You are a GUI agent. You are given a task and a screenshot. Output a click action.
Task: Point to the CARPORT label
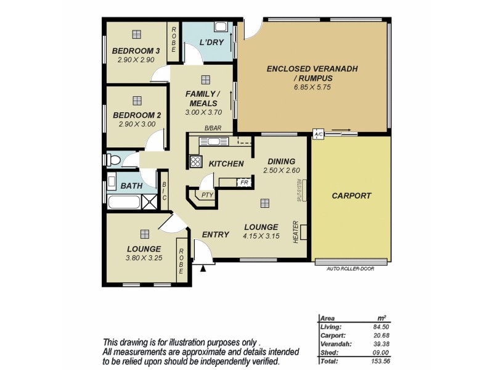351,195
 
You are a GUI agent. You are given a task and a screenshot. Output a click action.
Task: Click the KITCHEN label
226,163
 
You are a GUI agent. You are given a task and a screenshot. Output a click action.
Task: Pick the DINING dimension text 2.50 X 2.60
281,170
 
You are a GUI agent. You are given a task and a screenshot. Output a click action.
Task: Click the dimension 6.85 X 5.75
312,88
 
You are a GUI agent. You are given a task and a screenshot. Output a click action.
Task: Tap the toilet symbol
114,160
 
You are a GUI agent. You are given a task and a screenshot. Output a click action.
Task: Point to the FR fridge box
244,183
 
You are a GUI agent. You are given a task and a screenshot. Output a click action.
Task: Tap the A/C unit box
319,134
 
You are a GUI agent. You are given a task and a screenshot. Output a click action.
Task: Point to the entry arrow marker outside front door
203,268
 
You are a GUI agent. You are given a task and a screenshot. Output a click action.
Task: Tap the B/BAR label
213,129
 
